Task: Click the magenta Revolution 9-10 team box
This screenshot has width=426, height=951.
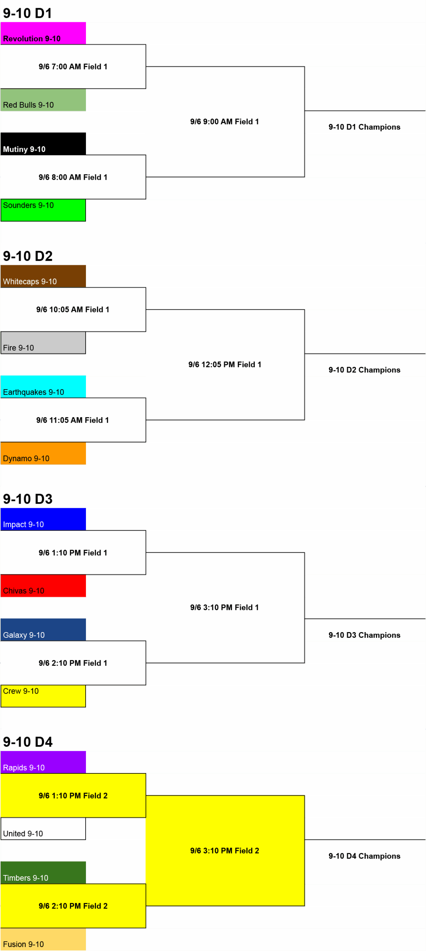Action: [x=43, y=33]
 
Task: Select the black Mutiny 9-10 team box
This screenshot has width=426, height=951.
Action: [x=43, y=143]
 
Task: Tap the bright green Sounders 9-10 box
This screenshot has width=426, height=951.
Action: [x=43, y=210]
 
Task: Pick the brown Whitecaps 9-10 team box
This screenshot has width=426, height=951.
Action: [x=43, y=276]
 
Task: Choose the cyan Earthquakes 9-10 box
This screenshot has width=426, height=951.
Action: [x=43, y=386]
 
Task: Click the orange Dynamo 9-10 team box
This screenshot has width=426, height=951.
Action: [x=43, y=453]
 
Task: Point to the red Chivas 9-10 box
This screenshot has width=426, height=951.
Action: [x=43, y=586]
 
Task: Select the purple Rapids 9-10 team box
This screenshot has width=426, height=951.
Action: [x=43, y=762]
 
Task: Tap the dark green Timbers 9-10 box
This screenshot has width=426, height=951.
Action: [x=43, y=873]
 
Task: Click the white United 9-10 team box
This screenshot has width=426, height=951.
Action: [x=43, y=828]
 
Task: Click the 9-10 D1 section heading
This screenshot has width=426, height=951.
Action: [x=27, y=13]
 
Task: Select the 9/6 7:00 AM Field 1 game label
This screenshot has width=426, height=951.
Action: [x=73, y=66]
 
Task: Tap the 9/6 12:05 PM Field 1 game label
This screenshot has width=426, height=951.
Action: [x=225, y=364]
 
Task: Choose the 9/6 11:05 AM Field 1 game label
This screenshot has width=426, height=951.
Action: [x=73, y=420]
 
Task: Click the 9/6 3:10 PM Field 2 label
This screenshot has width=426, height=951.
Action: [x=225, y=851]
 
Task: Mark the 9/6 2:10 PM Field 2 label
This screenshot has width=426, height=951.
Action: [x=73, y=906]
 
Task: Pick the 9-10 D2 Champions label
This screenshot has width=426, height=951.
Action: [x=364, y=370]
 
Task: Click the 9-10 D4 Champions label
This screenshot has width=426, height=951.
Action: [x=364, y=856]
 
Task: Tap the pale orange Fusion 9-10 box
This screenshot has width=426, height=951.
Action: [x=43, y=939]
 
